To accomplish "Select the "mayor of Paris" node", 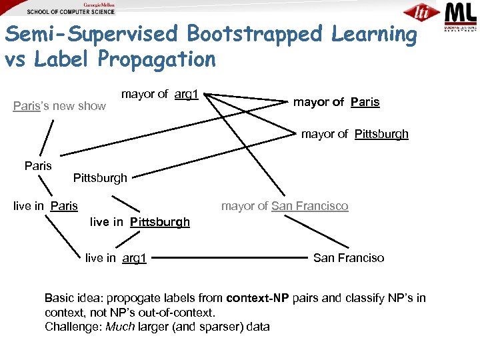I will coord(337,102).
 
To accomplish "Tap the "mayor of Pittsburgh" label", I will coord(355,134).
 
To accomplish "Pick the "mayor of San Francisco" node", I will coord(285,206).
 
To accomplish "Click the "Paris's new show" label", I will coord(59,105).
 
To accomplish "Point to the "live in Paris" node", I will coord(45,206).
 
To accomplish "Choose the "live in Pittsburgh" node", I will coord(139,221).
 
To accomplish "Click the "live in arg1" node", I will coord(116,257).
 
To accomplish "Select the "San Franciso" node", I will coord(349,257).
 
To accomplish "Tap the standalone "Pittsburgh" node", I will coord(100,178).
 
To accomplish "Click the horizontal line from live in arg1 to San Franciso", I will coord(230,257).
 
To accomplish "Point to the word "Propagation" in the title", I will coord(157,59).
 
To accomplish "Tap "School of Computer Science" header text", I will coord(71,11).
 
